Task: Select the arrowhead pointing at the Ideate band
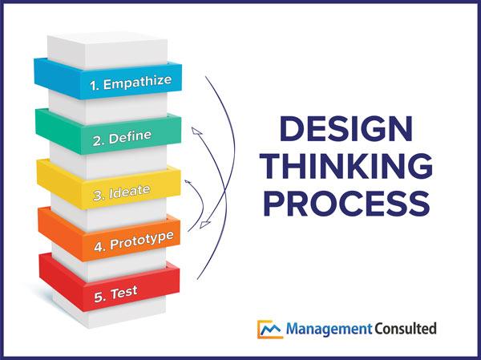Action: (x=188, y=184)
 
